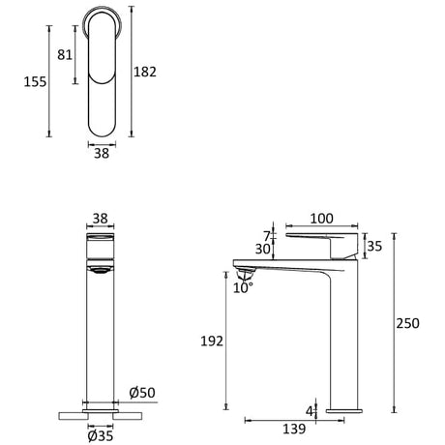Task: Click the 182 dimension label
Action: click(145, 72)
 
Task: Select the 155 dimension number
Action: click(35, 82)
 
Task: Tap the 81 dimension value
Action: click(65, 55)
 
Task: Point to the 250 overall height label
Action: click(407, 323)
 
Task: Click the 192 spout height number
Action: click(212, 341)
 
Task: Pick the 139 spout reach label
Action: click(294, 429)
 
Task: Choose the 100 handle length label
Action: click(321, 219)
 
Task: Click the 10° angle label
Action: click(243, 287)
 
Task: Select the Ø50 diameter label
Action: click(142, 393)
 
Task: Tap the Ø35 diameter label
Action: click(101, 436)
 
